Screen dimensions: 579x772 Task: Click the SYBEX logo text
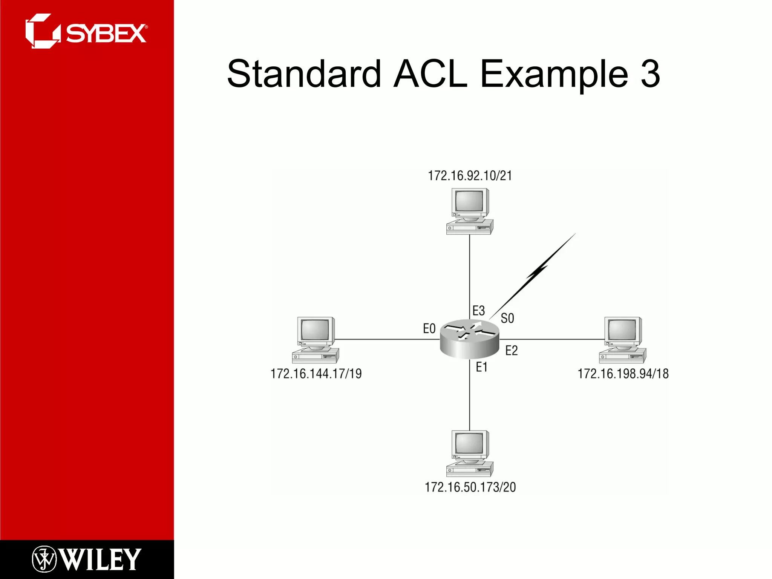coord(106,34)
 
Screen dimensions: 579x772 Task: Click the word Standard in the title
coord(304,74)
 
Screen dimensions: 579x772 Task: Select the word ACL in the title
coord(430,74)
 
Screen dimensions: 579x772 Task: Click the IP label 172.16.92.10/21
coord(470,176)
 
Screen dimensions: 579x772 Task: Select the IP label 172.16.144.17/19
coord(316,374)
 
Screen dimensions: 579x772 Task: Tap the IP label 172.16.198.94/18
coord(623,374)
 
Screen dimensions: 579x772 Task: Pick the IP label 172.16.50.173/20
coord(470,487)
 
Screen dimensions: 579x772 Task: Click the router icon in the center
coord(469,339)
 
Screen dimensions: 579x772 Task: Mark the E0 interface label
coord(429,329)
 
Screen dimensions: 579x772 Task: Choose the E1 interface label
coord(481,367)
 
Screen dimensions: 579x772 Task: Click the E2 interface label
coord(511,351)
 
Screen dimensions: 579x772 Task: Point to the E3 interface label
coord(478,311)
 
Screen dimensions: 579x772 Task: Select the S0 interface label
coord(507,319)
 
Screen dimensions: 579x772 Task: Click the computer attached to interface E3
coord(470,211)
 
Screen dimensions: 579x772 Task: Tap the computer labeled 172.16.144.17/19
coord(316,340)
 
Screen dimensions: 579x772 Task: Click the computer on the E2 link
coord(623,340)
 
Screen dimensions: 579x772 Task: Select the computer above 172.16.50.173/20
coord(470,453)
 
